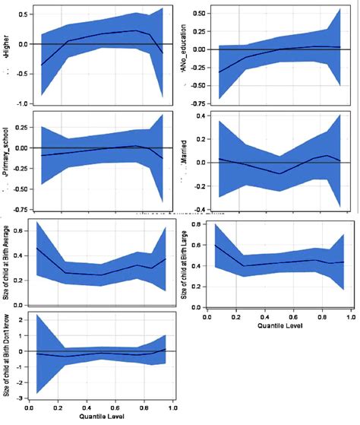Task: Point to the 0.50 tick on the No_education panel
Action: click(x=194, y=14)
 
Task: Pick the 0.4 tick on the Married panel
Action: click(x=198, y=116)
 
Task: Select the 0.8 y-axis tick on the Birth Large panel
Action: click(x=197, y=225)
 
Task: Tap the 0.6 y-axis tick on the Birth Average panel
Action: click(x=18, y=225)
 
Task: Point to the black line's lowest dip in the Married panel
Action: click(x=280, y=173)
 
